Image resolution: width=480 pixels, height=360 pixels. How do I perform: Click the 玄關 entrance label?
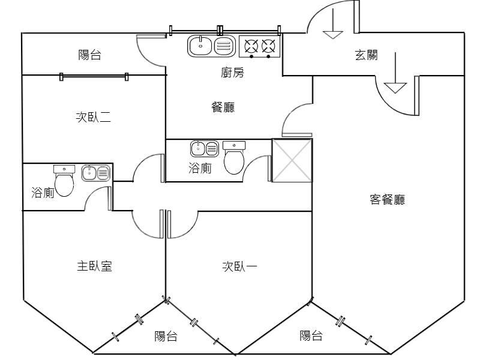tap(366, 56)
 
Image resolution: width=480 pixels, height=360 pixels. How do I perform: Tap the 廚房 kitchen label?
tap(233, 73)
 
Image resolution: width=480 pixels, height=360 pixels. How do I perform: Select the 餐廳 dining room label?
tap(223, 107)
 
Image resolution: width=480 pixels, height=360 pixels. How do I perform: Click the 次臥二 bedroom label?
tap(93, 118)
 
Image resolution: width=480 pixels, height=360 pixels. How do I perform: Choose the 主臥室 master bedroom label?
tap(94, 266)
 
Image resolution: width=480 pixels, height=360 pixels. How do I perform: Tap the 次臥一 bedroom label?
tap(239, 266)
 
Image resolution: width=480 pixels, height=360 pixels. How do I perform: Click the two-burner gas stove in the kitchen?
tap(259, 47)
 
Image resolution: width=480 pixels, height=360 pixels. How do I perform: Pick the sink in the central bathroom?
tap(205, 148)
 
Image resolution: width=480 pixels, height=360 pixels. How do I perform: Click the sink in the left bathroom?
tap(96, 173)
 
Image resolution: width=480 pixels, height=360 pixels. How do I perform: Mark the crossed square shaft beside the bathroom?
tap(292, 160)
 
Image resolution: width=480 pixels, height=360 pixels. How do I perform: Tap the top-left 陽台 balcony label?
tap(89, 55)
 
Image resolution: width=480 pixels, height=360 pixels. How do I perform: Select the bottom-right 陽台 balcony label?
tap(311, 335)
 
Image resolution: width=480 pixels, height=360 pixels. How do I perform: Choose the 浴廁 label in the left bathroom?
tap(43, 193)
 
